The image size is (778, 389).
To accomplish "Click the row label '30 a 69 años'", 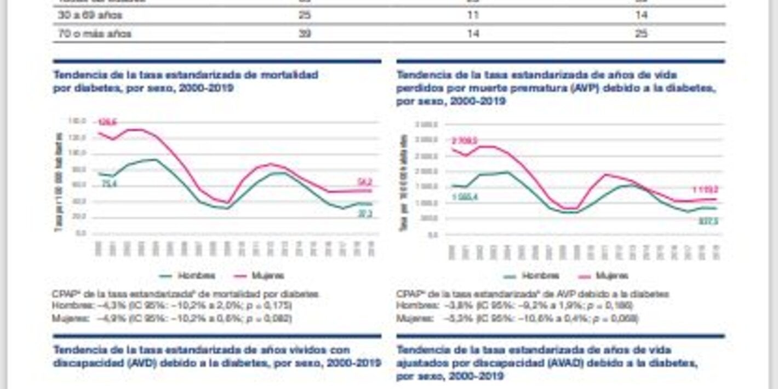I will tap(90, 15).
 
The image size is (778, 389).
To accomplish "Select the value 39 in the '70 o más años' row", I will tap(305, 34).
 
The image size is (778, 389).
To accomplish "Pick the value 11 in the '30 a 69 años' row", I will tap(472, 15).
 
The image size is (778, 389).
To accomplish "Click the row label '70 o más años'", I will tap(95, 34).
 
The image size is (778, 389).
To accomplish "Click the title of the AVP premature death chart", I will tap(556, 88).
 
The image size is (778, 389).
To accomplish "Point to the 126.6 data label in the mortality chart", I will tap(107, 122).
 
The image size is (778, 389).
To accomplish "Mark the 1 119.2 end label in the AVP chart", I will tap(704, 190).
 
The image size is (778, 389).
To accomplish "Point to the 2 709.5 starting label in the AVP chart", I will tap(464, 141).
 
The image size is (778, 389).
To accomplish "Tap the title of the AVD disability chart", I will tap(217, 356).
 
